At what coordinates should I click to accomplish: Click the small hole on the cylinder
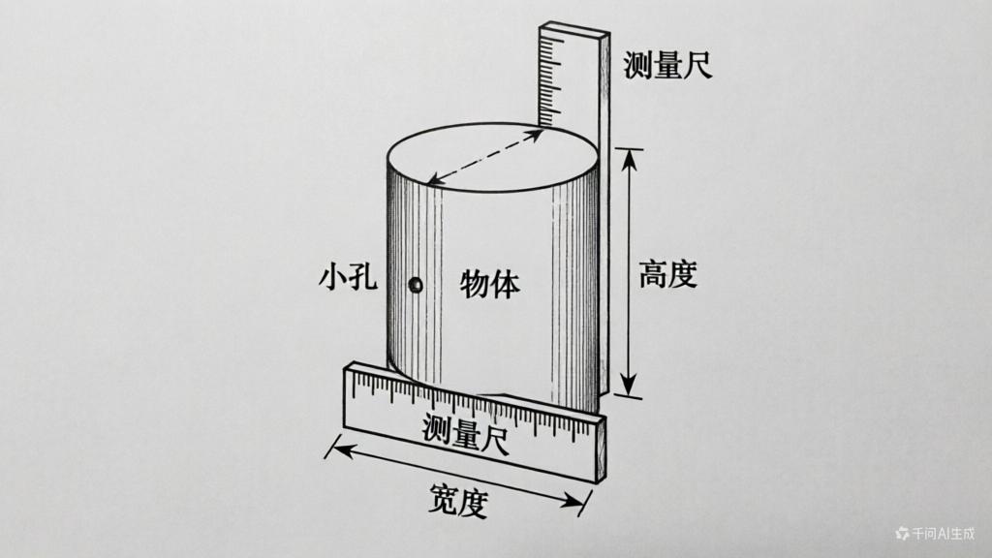pos(415,286)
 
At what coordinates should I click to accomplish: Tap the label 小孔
pos(348,277)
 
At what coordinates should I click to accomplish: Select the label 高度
pos(667,274)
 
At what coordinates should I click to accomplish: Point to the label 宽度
pos(458,501)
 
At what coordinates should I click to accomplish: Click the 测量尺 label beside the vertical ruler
pos(668,65)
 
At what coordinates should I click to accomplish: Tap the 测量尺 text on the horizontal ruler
pos(465,433)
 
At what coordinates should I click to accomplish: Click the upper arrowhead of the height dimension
pos(629,162)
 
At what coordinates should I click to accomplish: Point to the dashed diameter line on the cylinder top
pos(484,157)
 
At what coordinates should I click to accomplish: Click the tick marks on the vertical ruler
pos(549,80)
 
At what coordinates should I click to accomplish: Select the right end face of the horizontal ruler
pos(600,449)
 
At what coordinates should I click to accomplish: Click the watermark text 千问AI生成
pos(943,534)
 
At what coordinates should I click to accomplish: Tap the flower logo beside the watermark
pos(902,534)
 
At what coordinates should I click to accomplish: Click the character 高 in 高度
pos(652,274)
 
